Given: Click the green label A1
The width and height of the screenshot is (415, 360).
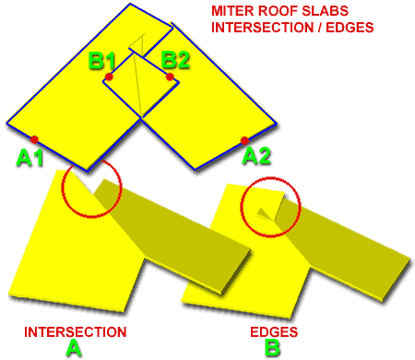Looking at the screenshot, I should coord(30,158).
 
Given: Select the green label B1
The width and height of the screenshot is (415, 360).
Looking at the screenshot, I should coord(101,62).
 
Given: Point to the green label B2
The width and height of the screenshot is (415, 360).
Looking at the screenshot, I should coord(176,61).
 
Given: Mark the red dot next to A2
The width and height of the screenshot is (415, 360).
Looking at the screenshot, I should coord(244,140).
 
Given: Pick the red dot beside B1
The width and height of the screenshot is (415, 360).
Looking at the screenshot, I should coord(109,78).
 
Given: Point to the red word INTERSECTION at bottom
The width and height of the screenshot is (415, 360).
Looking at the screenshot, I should coord(76,330).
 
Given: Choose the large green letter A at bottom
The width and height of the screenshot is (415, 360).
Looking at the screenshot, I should coord(75,348).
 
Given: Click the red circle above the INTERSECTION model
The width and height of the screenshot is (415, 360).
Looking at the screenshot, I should coord(90,189).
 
